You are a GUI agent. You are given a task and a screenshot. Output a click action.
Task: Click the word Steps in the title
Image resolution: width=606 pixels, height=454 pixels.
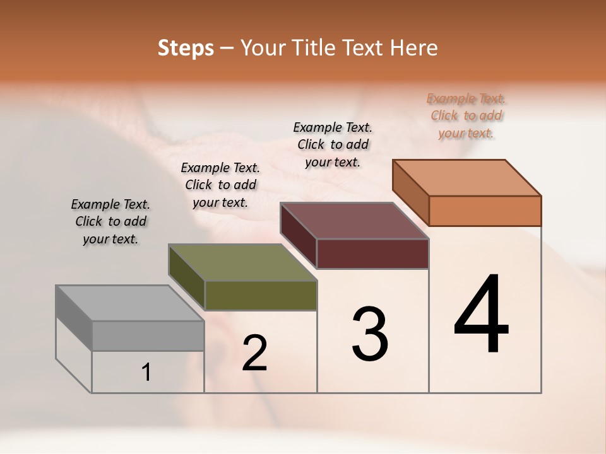point(186,48)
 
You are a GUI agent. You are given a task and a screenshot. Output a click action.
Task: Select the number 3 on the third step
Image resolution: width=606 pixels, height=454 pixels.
point(370,334)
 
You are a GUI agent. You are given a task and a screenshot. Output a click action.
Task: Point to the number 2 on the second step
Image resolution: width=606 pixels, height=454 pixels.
point(255,353)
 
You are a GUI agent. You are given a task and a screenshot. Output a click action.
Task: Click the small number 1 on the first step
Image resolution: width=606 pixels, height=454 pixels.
point(146,373)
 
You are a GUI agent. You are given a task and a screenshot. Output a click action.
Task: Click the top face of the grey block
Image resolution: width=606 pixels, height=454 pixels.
point(130,303)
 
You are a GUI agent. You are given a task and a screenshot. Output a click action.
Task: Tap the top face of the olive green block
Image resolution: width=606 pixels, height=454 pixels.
point(242,262)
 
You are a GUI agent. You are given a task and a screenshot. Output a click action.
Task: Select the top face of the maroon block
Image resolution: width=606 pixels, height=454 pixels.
point(355,221)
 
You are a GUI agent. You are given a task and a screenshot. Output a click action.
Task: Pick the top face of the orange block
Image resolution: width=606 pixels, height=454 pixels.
point(467,178)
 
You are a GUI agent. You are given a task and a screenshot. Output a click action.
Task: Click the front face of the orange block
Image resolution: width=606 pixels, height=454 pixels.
point(485,211)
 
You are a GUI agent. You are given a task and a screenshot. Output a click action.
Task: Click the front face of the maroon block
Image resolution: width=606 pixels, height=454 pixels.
point(372,253)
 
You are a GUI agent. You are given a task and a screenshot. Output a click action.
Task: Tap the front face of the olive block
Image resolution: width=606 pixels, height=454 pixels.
point(260,295)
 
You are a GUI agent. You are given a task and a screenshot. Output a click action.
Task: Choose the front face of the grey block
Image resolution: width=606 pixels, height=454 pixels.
point(148,335)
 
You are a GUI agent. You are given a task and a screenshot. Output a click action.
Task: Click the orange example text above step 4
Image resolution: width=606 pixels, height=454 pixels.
point(466,115)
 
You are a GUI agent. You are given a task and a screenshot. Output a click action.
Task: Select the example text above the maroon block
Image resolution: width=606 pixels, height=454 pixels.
point(333,144)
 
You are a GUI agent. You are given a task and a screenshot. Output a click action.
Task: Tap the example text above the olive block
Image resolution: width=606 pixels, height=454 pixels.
point(220,185)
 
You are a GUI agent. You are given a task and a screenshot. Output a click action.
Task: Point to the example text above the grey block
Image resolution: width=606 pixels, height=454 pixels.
point(110,221)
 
